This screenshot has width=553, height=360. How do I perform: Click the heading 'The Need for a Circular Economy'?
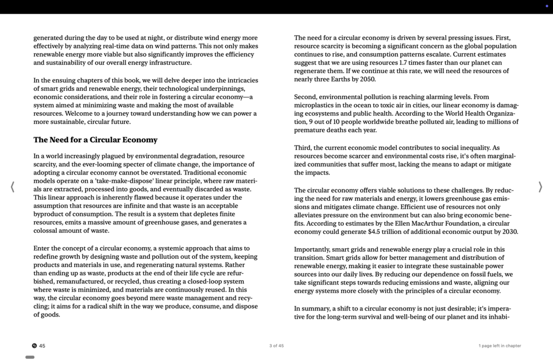pos(95,140)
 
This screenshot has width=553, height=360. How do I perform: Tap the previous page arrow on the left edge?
pos(12,187)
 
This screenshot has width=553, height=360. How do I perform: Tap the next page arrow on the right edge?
pos(540,187)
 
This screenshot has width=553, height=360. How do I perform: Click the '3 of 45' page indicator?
pos(276,346)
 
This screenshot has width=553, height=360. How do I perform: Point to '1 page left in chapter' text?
pos(499,346)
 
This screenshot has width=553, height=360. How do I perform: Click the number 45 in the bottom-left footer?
pos(42,346)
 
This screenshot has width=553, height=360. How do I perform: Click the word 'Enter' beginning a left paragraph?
pos(42,248)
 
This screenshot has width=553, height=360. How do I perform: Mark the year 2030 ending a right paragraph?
pos(509,232)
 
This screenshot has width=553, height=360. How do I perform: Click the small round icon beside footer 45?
pos(34,346)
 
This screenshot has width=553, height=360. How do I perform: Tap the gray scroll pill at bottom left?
pos(30,357)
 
